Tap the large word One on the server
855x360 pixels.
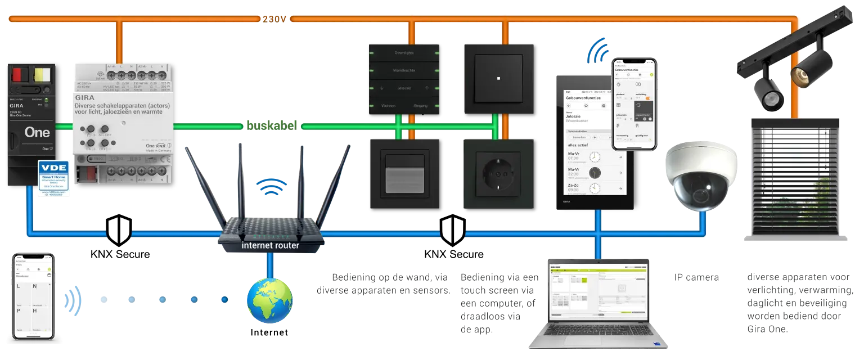tap(37, 133)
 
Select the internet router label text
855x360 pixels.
tap(271, 245)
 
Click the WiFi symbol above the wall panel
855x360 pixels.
tap(597, 51)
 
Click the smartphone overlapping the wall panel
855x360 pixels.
tap(635, 103)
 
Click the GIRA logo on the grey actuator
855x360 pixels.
tap(85, 97)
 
